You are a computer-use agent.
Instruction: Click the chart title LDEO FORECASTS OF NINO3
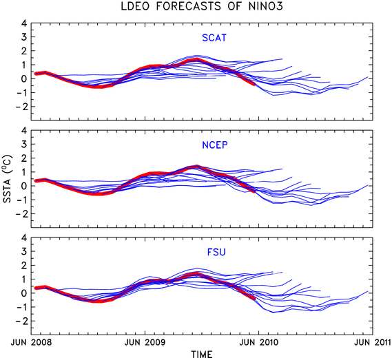coord(202,6)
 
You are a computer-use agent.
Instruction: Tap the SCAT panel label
coord(214,38)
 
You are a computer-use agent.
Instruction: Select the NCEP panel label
coord(215,145)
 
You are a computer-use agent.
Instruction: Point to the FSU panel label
coord(216,252)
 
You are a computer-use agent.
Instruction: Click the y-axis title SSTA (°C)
coord(8,179)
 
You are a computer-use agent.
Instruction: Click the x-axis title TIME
coord(202,354)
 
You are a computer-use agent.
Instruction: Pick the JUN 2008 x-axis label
coord(31,342)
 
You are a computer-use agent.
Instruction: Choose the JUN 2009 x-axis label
coord(145,342)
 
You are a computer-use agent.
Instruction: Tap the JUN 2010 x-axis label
coord(259,342)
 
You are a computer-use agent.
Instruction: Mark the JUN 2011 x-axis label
coord(373,342)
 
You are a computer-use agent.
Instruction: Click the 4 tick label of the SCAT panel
coord(23,23)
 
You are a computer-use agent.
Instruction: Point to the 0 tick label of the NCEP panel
coord(23,186)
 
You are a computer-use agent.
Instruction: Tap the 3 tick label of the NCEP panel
coord(23,144)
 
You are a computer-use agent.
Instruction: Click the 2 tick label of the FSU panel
coord(23,265)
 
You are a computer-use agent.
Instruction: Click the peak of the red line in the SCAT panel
coord(197,59)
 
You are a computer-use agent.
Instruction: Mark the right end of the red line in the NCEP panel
coord(254,191)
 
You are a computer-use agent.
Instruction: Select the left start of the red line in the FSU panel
coord(36,288)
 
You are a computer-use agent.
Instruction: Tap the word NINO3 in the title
coord(266,6)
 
